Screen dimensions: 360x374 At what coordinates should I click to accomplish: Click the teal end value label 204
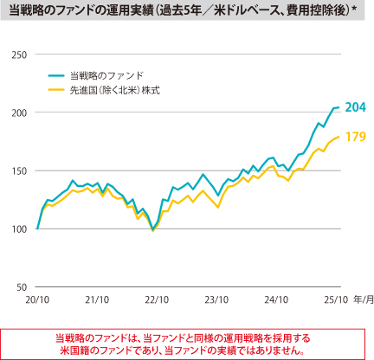tap(355, 107)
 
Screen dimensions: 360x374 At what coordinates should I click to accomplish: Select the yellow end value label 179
tap(355, 137)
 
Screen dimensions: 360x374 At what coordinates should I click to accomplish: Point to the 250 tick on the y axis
tap(19, 55)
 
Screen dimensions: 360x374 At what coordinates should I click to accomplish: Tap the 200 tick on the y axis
tap(19, 112)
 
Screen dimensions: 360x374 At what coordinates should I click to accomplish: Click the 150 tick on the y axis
tap(19, 170)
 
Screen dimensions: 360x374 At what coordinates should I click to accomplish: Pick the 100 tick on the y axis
tap(19, 228)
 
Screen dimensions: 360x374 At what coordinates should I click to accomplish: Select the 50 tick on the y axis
tap(22, 286)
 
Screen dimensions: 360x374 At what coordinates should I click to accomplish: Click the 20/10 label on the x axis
tap(38, 299)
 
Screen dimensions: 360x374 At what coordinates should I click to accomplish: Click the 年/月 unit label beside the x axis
tap(362, 299)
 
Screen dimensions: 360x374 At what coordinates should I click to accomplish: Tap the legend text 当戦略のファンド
tap(106, 76)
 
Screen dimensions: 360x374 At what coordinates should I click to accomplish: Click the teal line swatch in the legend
tap(57, 76)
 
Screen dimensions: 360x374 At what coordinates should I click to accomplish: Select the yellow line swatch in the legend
tap(57, 89)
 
